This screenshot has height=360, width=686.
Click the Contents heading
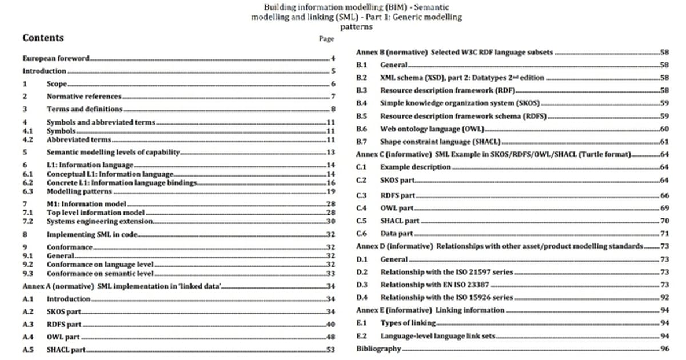pyautogui.click(x=43, y=38)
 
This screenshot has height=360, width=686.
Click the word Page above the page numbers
pyautogui.click(x=326, y=39)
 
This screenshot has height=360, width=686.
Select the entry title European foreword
pyautogui.click(x=56, y=58)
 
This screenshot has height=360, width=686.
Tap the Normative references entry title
pyautogui.click(x=83, y=97)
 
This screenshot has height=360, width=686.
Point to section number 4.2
pyautogui.click(x=27, y=139)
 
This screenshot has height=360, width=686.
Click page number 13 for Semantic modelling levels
pyautogui.click(x=330, y=153)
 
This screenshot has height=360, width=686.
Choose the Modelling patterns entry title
pyautogui.click(x=79, y=191)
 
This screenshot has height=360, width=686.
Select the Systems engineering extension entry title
pyautogui.click(x=99, y=221)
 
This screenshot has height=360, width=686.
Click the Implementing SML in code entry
pyautogui.click(x=93, y=234)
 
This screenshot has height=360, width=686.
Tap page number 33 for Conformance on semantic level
pyautogui.click(x=330, y=274)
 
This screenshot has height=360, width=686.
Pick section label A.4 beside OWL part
pyautogui.click(x=28, y=337)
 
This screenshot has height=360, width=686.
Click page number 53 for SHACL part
pyautogui.click(x=330, y=350)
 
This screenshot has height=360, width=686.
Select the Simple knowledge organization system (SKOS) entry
pyautogui.click(x=460, y=103)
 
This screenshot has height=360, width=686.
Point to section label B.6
pyautogui.click(x=361, y=129)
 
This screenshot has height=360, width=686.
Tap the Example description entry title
pyautogui.click(x=416, y=167)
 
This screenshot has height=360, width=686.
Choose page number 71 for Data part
pyautogui.click(x=664, y=234)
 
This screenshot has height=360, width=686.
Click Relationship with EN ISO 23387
pyautogui.click(x=438, y=285)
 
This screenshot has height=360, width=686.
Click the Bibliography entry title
pyautogui.click(x=378, y=349)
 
